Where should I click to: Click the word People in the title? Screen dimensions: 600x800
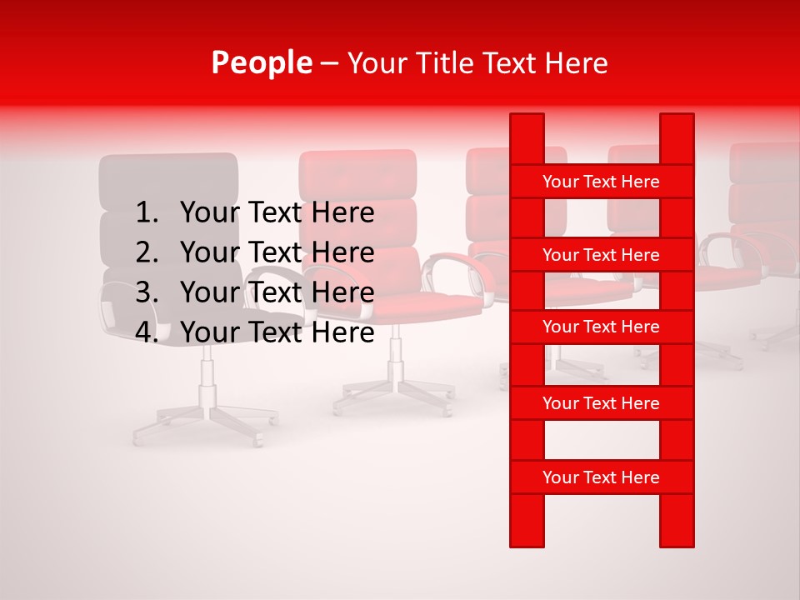click(262, 63)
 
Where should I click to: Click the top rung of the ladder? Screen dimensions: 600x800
click(601, 182)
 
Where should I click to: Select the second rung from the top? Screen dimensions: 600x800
click(601, 255)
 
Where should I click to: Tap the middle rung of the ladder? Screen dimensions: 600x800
click(601, 327)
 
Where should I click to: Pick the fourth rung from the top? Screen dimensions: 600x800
click(601, 403)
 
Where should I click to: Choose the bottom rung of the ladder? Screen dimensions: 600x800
click(601, 477)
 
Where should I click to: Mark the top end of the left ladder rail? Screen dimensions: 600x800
click(527, 121)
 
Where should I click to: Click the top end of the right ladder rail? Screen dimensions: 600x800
click(677, 121)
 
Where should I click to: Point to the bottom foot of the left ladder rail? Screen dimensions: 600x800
click(527, 537)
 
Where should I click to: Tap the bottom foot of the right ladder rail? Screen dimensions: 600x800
click(677, 537)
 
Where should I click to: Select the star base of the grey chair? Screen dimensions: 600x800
click(205, 421)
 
